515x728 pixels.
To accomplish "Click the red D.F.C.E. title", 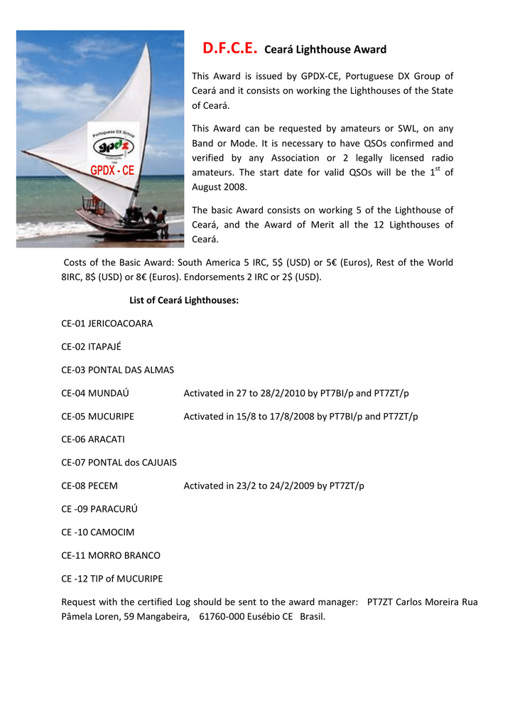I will coord(229,48).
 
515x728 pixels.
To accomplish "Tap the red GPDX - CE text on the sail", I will coord(112,170).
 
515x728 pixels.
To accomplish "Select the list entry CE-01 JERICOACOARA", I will coord(107,323).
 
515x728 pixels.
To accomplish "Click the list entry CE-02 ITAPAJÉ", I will coord(91,347).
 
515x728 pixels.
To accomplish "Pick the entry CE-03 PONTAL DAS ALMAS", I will coord(117,370).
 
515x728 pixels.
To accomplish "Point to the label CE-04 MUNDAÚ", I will coord(95,393).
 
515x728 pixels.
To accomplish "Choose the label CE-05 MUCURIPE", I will coord(97,416).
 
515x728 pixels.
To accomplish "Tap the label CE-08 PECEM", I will coord(90,486).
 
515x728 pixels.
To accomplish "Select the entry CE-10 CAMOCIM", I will coord(98,532).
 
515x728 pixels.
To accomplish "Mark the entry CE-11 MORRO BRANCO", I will coord(111,555).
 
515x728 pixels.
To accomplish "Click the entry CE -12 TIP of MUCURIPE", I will coord(112,578).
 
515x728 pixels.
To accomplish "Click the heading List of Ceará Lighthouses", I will coord(184,300).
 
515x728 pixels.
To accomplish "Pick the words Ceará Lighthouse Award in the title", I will coord(325,50).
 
